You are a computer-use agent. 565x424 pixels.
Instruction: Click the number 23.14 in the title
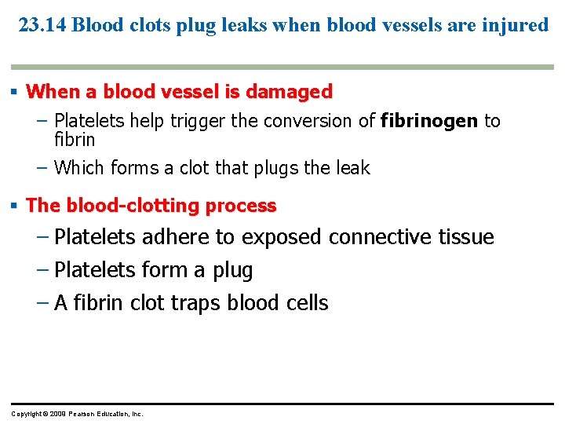(x=42, y=25)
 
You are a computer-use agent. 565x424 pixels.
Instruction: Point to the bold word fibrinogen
(x=429, y=121)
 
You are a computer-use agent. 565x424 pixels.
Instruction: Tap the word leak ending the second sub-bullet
(x=352, y=167)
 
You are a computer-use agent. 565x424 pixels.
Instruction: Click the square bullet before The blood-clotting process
(x=15, y=206)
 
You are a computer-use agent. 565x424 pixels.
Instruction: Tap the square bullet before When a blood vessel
(x=15, y=92)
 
